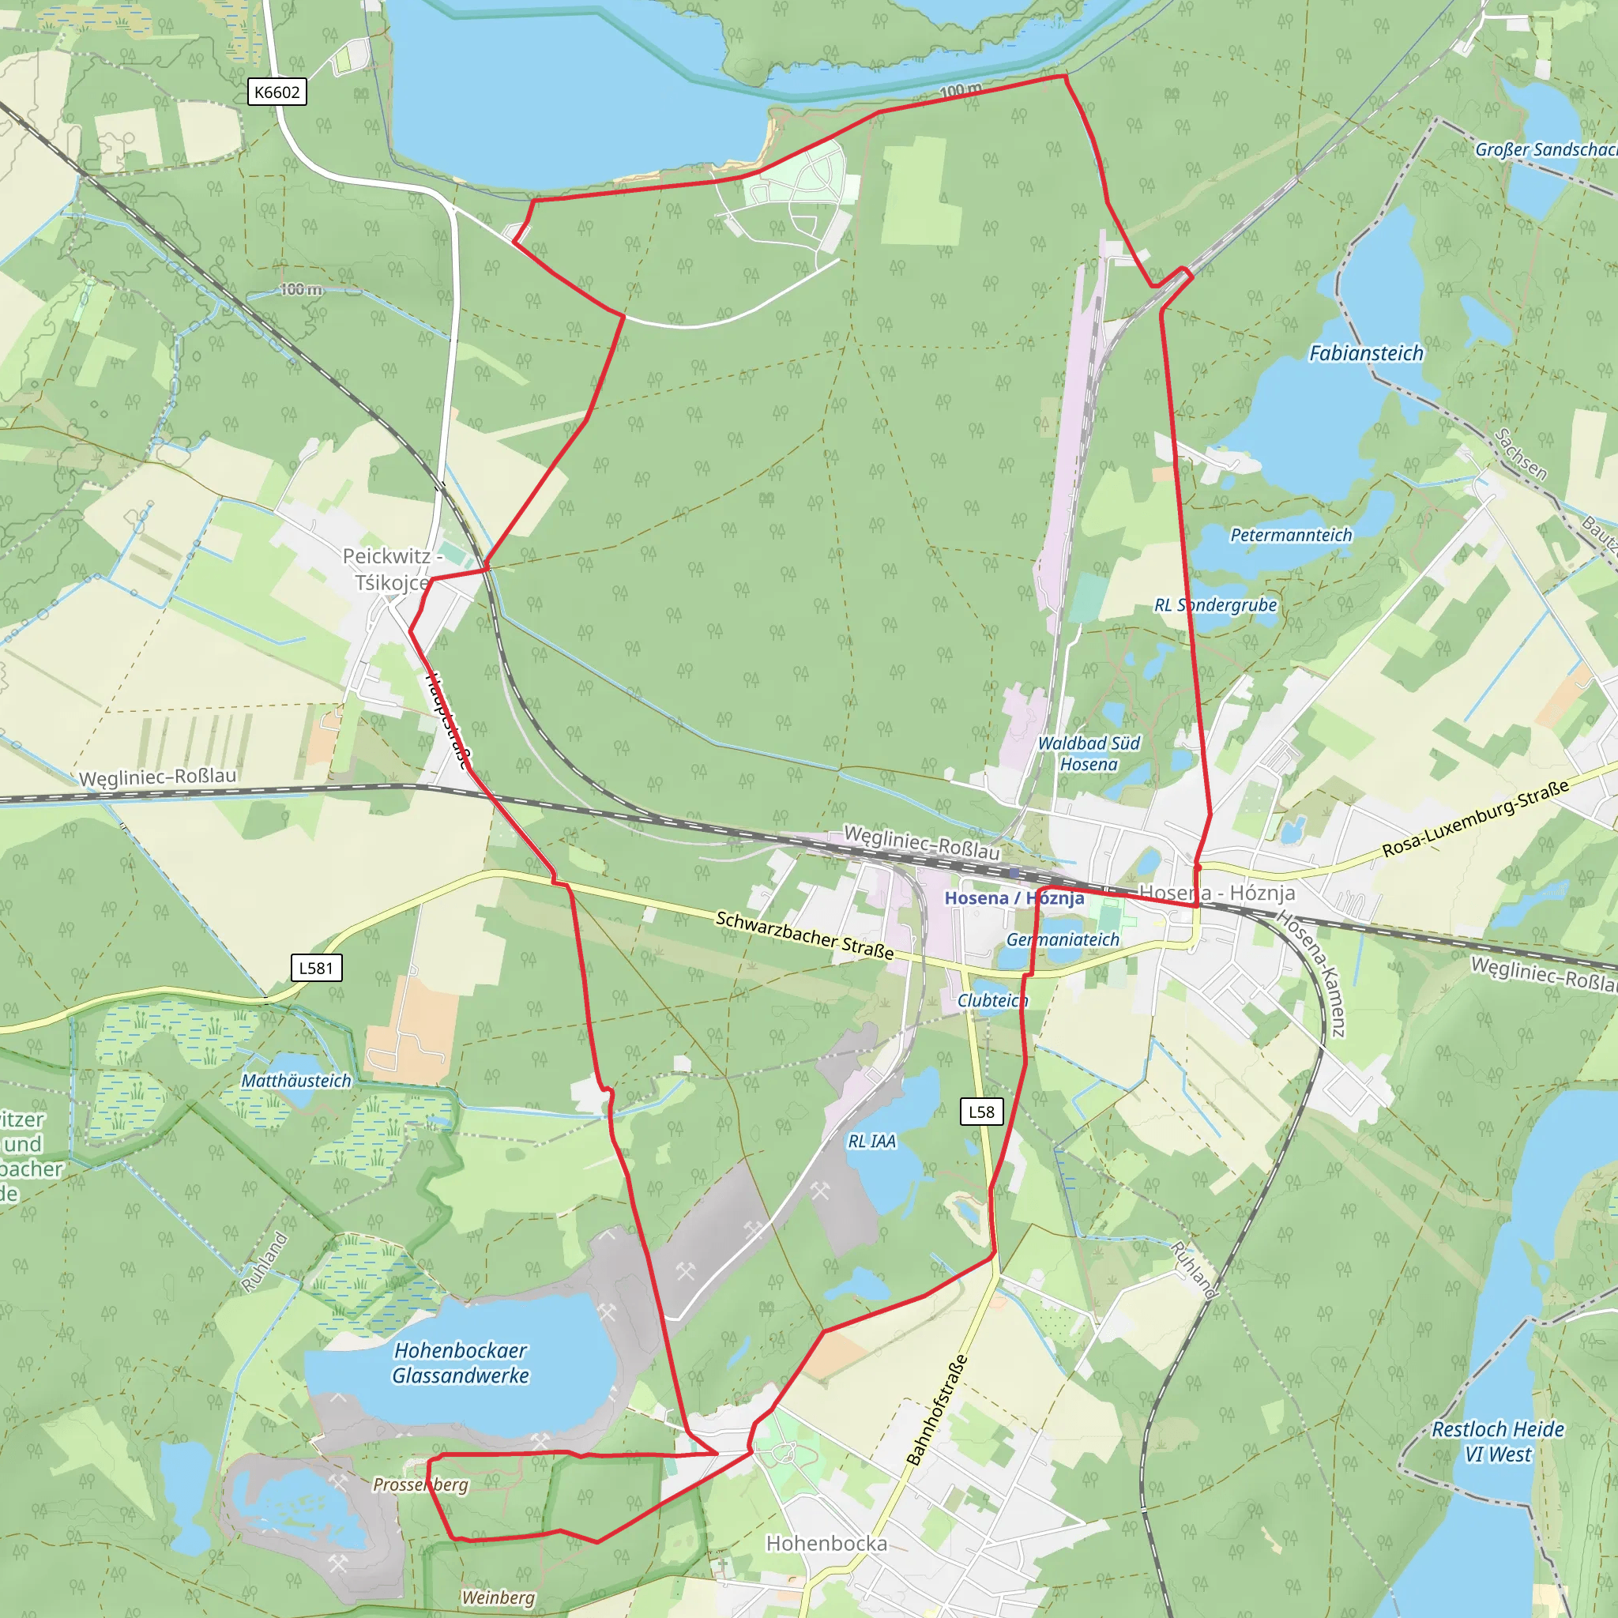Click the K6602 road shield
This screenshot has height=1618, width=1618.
point(277,92)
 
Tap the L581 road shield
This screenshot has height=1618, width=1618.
point(317,968)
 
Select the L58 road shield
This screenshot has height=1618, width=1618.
point(981,1112)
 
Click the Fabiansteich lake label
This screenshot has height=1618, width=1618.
point(1366,353)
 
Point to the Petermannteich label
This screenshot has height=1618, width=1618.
point(1291,535)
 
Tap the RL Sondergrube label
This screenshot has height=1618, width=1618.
point(1215,604)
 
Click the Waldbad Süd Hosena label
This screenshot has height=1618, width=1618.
point(1089,754)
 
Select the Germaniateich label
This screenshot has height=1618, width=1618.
point(1063,939)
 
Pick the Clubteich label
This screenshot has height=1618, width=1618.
point(992,1001)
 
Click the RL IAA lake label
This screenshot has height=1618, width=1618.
point(872,1142)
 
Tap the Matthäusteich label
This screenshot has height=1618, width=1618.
point(296,1082)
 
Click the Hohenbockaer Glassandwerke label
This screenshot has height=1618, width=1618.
point(461,1363)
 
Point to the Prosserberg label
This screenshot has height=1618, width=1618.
point(420,1484)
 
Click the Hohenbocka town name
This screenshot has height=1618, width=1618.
point(826,1544)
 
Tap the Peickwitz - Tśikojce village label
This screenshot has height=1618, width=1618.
point(391,569)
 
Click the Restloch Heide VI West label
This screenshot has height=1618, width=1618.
point(1497,1441)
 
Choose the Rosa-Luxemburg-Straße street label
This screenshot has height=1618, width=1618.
point(1475,819)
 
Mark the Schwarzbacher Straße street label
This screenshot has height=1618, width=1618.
point(804,935)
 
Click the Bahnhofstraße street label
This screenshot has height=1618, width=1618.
point(937,1409)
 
